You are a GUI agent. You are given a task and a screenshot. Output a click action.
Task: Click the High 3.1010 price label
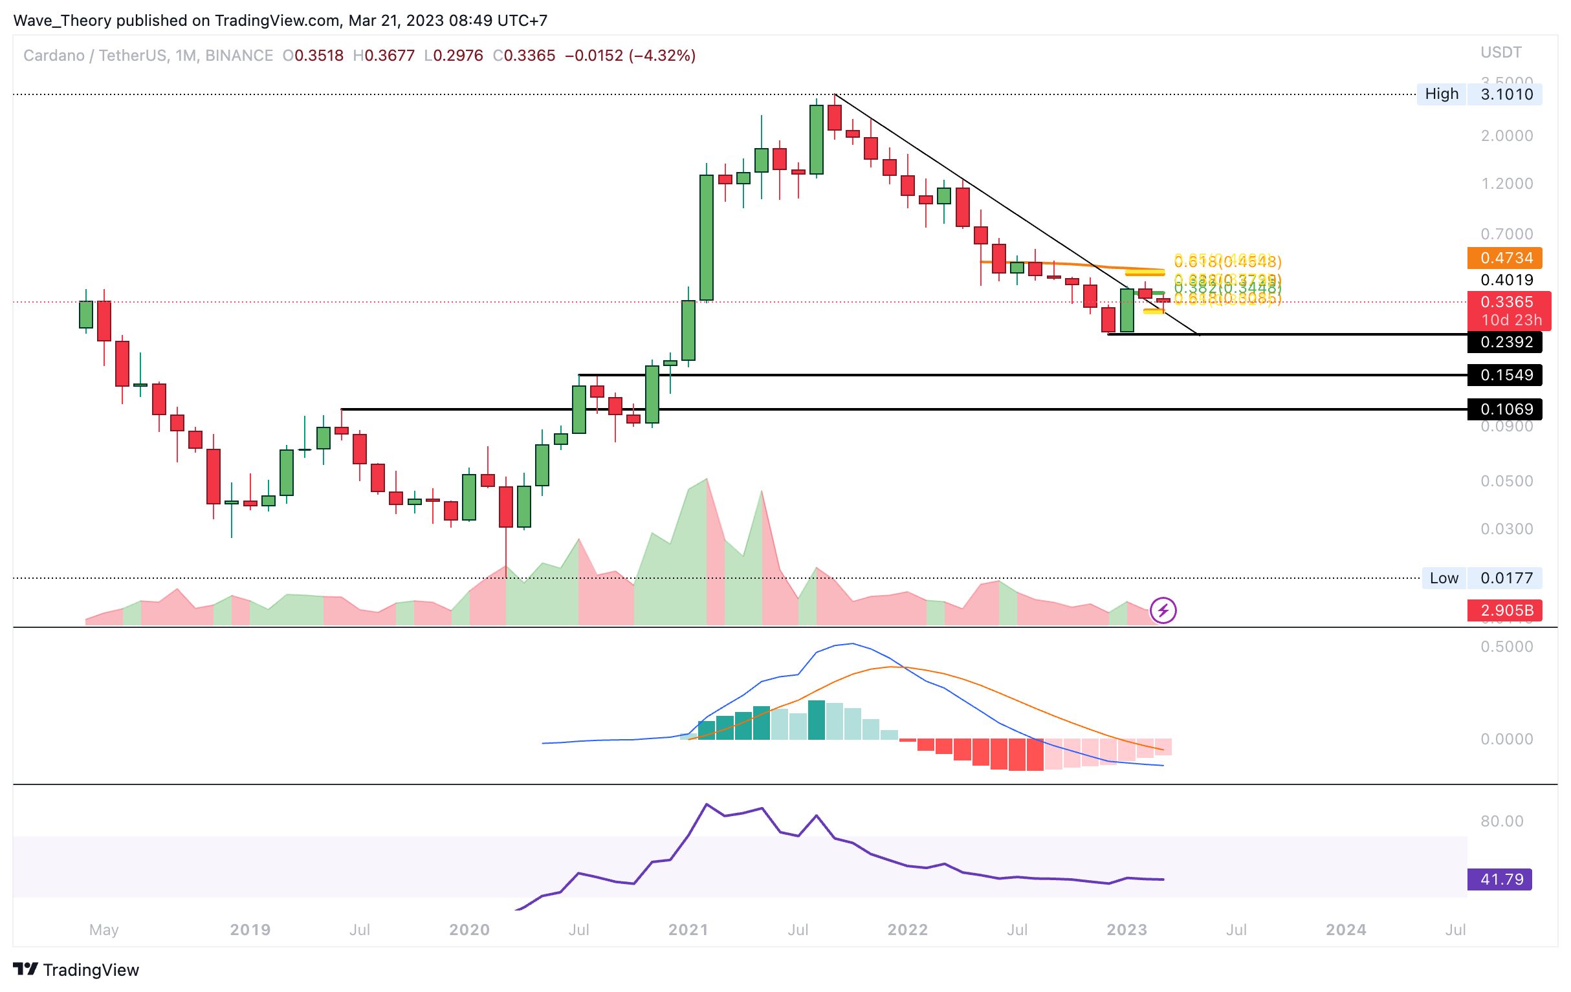click(x=1479, y=94)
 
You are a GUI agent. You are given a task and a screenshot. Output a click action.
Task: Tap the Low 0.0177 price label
click(x=1482, y=578)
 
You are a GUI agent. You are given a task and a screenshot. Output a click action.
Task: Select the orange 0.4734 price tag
click(x=1504, y=258)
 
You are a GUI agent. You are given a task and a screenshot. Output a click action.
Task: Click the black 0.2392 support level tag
click(x=1504, y=341)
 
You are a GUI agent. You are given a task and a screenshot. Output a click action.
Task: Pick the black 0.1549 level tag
click(x=1504, y=375)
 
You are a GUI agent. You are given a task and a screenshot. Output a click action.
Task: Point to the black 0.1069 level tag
click(x=1504, y=409)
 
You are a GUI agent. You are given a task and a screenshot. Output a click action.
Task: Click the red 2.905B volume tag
click(x=1504, y=610)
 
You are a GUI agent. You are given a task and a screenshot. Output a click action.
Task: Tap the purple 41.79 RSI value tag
click(x=1499, y=879)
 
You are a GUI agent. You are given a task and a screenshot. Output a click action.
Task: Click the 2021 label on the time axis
click(x=688, y=929)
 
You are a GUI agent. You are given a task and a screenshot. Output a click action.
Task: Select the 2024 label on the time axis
click(x=1346, y=929)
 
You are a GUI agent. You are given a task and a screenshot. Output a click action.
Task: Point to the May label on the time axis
click(x=104, y=929)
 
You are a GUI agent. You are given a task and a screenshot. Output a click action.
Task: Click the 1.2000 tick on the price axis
click(x=1506, y=183)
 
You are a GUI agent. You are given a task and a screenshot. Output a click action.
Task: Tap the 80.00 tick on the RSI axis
click(x=1502, y=821)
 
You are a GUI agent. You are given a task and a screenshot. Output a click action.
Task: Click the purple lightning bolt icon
click(x=1163, y=610)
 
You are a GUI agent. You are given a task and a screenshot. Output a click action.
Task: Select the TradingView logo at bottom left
click(x=76, y=970)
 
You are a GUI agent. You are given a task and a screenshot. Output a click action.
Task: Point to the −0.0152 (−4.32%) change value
click(x=630, y=56)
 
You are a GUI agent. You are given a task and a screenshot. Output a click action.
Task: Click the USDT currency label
click(x=1500, y=52)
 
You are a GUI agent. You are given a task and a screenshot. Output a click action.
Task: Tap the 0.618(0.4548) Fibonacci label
click(x=1227, y=261)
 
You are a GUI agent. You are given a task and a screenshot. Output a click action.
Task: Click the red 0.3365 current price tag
click(x=1504, y=302)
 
